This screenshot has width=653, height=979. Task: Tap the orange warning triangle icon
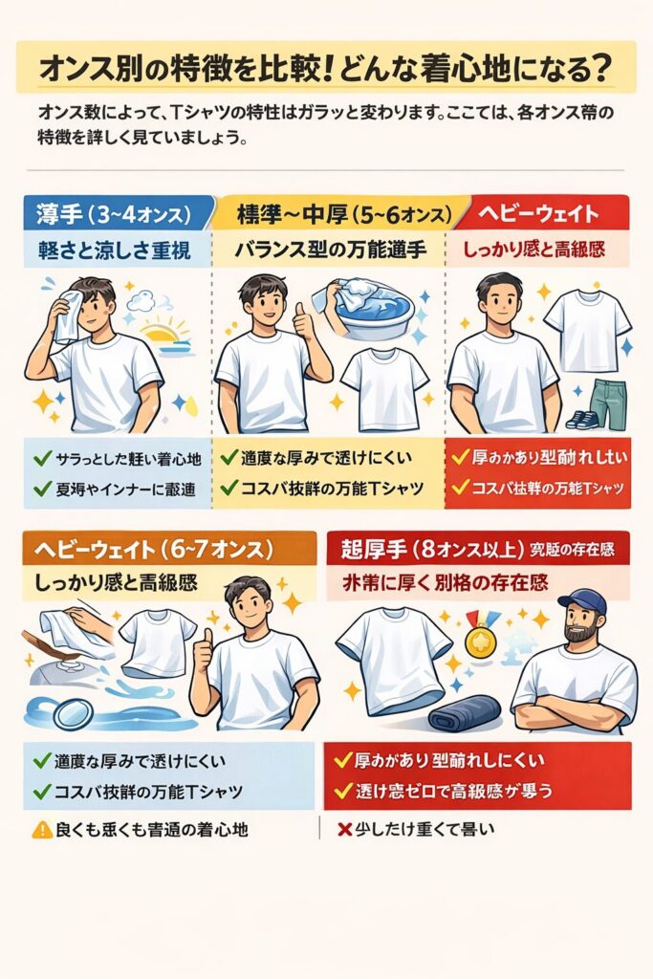(41, 830)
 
